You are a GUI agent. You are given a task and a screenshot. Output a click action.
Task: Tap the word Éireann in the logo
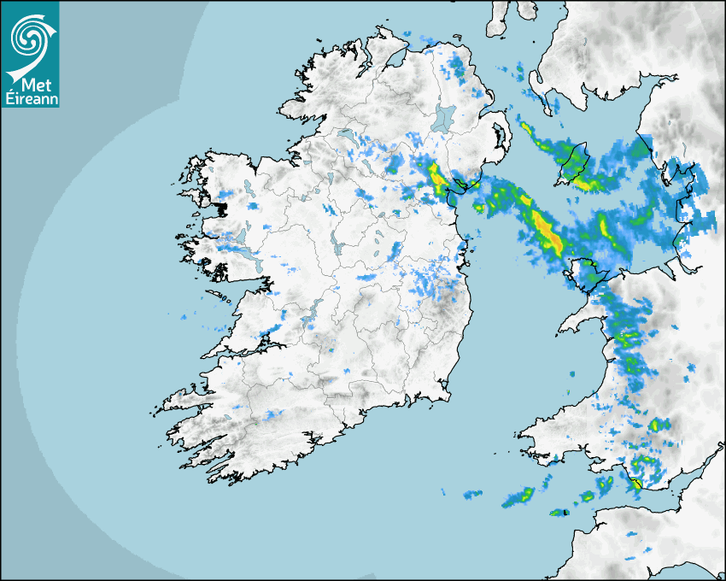[32, 98]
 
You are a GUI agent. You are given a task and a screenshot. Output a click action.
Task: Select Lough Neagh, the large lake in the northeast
[444, 117]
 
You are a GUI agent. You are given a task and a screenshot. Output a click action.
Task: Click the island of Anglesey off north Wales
[588, 273]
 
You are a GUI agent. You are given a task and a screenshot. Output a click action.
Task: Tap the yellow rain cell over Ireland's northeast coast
[436, 177]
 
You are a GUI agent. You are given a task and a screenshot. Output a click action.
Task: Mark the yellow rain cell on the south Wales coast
[635, 484]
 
